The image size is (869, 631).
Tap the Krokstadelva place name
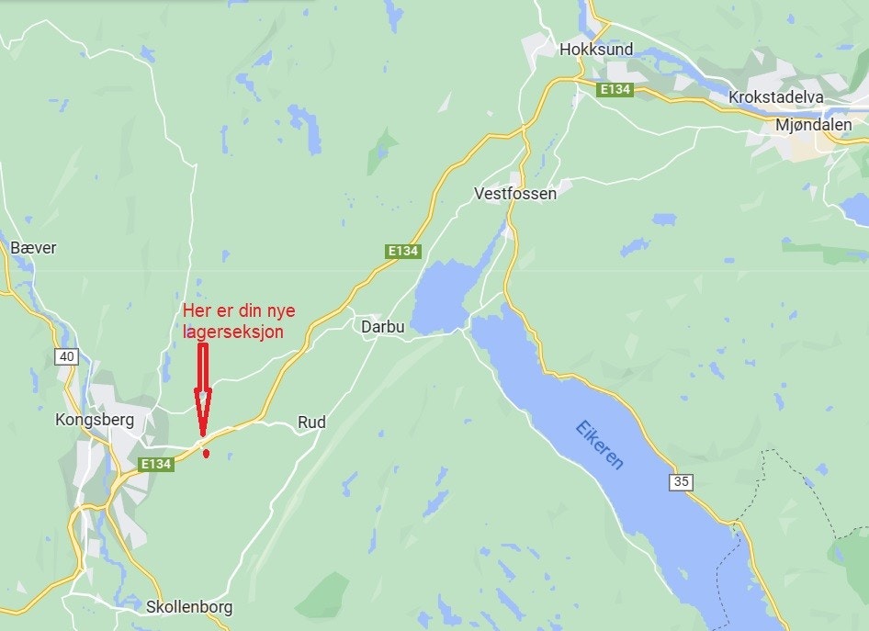[776, 97]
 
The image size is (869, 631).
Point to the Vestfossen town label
[515, 194]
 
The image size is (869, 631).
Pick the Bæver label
[33, 248]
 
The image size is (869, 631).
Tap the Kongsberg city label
[95, 421]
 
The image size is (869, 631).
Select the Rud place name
[311, 423]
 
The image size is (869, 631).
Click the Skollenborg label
[189, 607]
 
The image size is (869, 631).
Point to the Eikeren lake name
[600, 445]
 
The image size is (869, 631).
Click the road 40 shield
[65, 355]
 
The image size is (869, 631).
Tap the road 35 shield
[682, 482]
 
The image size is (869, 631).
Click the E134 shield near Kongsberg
[156, 465]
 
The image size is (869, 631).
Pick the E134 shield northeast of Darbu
[402, 251]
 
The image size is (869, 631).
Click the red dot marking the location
[207, 453]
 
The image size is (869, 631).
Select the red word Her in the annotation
[197, 310]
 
